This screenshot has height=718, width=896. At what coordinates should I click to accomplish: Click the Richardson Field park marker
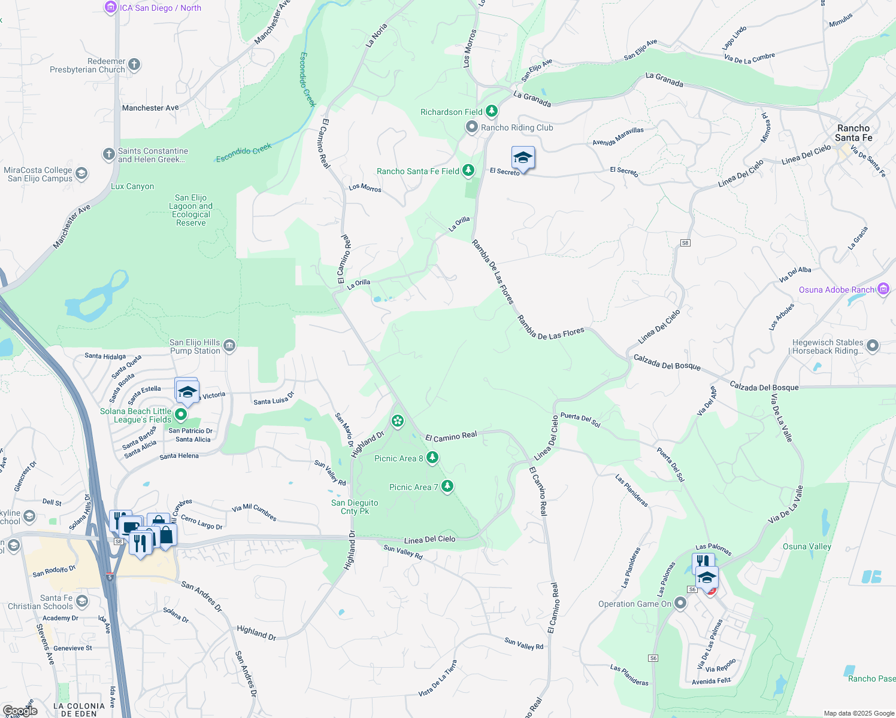[x=492, y=111]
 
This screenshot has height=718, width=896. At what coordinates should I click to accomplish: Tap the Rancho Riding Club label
[x=517, y=127]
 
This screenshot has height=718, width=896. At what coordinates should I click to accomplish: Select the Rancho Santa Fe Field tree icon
[x=468, y=171]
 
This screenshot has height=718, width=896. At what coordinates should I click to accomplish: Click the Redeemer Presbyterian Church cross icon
[x=134, y=65]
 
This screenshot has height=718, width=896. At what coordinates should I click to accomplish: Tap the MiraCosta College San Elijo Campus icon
[x=81, y=174]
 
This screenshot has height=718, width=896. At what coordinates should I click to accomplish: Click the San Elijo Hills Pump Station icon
[x=229, y=346]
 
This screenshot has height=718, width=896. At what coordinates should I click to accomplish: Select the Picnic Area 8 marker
[x=432, y=458]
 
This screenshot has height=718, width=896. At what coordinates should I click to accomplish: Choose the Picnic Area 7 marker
[x=447, y=486]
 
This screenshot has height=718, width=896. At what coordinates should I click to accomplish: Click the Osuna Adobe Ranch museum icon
[x=883, y=289]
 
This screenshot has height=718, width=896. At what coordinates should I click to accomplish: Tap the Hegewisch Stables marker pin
[x=873, y=346]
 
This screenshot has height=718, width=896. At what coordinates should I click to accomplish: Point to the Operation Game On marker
[x=680, y=603]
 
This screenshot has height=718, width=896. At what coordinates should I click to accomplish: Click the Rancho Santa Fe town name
[x=853, y=133]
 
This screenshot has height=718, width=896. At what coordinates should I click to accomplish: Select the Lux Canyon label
[x=132, y=186]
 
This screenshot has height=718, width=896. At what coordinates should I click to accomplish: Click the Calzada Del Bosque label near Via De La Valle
[x=764, y=387]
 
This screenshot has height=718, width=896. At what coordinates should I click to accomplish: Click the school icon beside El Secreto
[x=523, y=159]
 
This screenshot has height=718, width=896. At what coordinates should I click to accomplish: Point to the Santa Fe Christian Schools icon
[x=82, y=601]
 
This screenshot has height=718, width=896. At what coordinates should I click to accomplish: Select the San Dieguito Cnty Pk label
[x=355, y=507]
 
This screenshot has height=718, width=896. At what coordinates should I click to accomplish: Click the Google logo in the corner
[x=20, y=711]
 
